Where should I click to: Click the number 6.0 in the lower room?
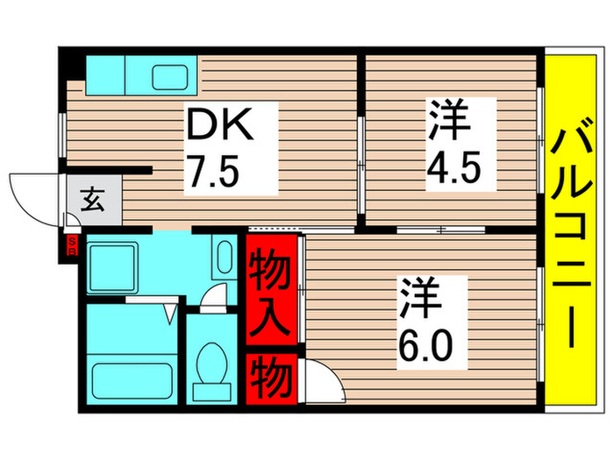[428, 343]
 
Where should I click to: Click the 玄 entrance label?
[92, 201]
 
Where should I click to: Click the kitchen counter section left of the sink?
[104, 74]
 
